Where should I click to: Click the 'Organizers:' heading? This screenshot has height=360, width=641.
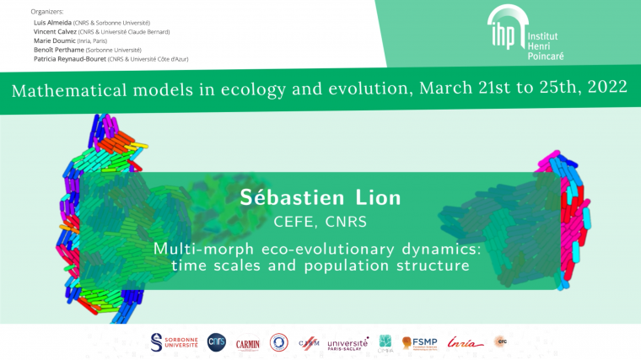(x=47, y=12)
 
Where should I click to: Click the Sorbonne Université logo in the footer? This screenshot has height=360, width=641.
(x=174, y=341)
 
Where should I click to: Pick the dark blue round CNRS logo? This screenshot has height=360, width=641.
(x=217, y=341)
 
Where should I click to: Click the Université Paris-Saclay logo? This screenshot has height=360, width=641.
(x=347, y=342)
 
